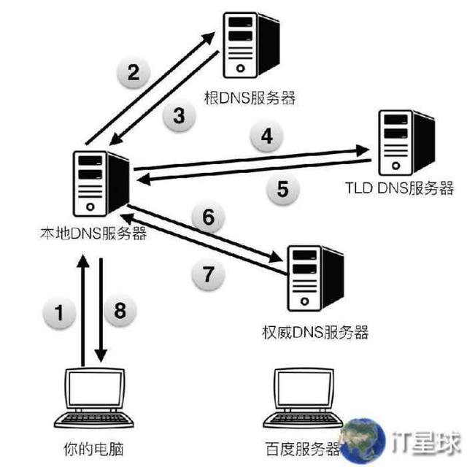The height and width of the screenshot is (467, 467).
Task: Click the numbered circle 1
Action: click(61, 313)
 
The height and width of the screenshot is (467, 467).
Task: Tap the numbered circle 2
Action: click(133, 72)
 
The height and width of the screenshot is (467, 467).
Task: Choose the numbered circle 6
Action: click(208, 217)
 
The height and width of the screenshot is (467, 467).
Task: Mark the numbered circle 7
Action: click(209, 274)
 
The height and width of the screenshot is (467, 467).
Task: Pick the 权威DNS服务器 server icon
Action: click(314, 277)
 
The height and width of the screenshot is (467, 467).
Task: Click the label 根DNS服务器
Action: click(250, 98)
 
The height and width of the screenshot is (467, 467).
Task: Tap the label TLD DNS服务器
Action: click(399, 188)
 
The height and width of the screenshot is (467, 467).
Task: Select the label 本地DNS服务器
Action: click(94, 233)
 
